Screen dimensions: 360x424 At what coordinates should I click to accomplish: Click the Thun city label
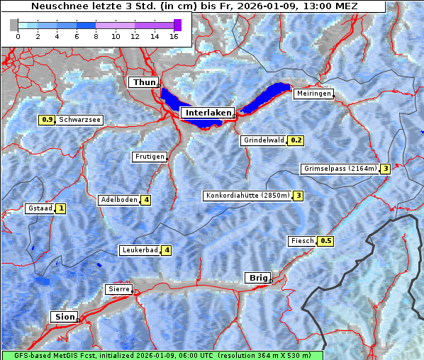144,83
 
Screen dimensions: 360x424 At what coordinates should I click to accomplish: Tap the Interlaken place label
207,113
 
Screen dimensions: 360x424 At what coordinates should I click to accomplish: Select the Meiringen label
313,94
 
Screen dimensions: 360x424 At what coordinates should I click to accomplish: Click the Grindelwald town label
264,140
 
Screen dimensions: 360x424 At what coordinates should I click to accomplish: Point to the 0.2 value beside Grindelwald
296,140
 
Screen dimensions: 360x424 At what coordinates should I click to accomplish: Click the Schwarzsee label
79,120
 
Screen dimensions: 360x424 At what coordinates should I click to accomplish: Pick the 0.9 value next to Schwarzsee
48,120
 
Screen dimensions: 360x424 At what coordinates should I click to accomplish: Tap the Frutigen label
149,157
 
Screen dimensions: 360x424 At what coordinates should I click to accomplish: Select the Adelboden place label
118,200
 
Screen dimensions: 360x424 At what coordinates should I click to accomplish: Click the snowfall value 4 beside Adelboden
146,200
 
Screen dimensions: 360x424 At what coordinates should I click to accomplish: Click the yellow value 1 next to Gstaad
61,208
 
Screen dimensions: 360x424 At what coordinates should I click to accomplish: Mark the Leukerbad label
139,250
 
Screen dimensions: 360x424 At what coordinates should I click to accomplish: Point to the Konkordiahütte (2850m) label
248,196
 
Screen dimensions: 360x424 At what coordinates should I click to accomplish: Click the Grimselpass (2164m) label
340,169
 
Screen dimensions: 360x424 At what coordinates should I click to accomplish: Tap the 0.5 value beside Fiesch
325,241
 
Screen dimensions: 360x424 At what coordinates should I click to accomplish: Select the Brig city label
256,278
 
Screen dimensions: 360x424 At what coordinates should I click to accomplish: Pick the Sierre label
118,289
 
